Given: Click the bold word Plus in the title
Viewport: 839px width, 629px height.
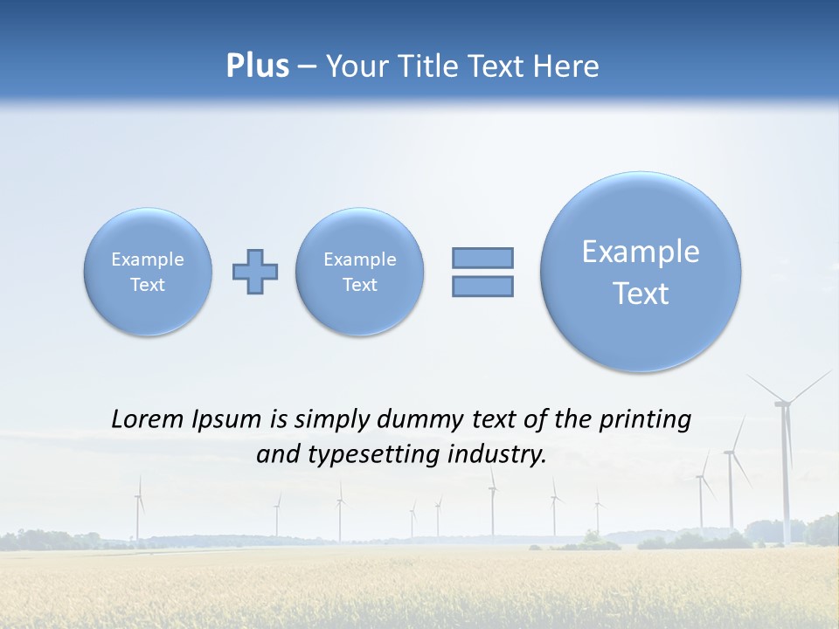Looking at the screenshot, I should point(257,66).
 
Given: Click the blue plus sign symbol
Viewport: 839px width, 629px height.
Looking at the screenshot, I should point(255,272).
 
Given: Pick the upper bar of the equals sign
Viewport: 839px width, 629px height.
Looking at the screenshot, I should point(482,258).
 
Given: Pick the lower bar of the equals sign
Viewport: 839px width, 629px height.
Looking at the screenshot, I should point(482,286).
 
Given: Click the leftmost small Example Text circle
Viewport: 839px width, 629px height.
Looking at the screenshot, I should point(148,272).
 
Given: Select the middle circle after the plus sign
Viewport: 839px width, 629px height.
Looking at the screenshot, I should point(360,272).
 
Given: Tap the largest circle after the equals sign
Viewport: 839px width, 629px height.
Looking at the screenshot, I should point(641,272).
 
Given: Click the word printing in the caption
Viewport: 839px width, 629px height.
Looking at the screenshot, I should point(645,420).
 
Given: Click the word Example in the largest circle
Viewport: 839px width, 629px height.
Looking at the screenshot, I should point(641,252).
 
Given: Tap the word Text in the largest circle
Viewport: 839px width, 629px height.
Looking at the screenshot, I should point(641,294).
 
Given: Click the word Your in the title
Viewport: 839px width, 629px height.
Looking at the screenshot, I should point(355,66).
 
